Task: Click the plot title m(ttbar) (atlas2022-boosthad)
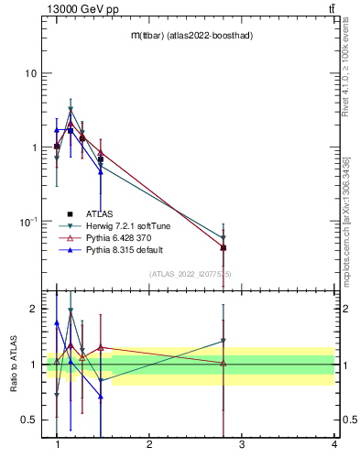tap(191, 35)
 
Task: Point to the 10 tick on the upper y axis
tap(31, 73)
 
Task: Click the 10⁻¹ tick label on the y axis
tap(28, 222)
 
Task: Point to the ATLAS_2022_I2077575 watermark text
tap(191, 273)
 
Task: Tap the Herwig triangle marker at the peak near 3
tap(71, 110)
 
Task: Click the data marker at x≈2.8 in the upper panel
tap(224, 247)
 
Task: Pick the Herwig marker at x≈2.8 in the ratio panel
tap(224, 341)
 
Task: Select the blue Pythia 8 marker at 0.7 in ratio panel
tap(101, 397)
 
